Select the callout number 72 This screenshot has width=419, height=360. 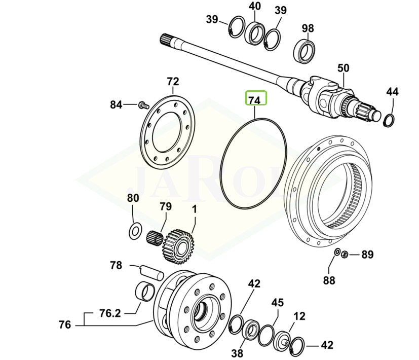[173, 82]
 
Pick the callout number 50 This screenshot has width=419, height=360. [344, 68]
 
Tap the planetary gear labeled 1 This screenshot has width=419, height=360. [177, 245]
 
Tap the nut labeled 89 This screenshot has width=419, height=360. [345, 254]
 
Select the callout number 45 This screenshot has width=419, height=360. [277, 303]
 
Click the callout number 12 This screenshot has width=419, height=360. [299, 316]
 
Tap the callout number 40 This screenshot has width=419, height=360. [255, 7]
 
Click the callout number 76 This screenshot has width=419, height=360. [65, 325]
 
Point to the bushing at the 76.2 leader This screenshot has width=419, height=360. [145, 292]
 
